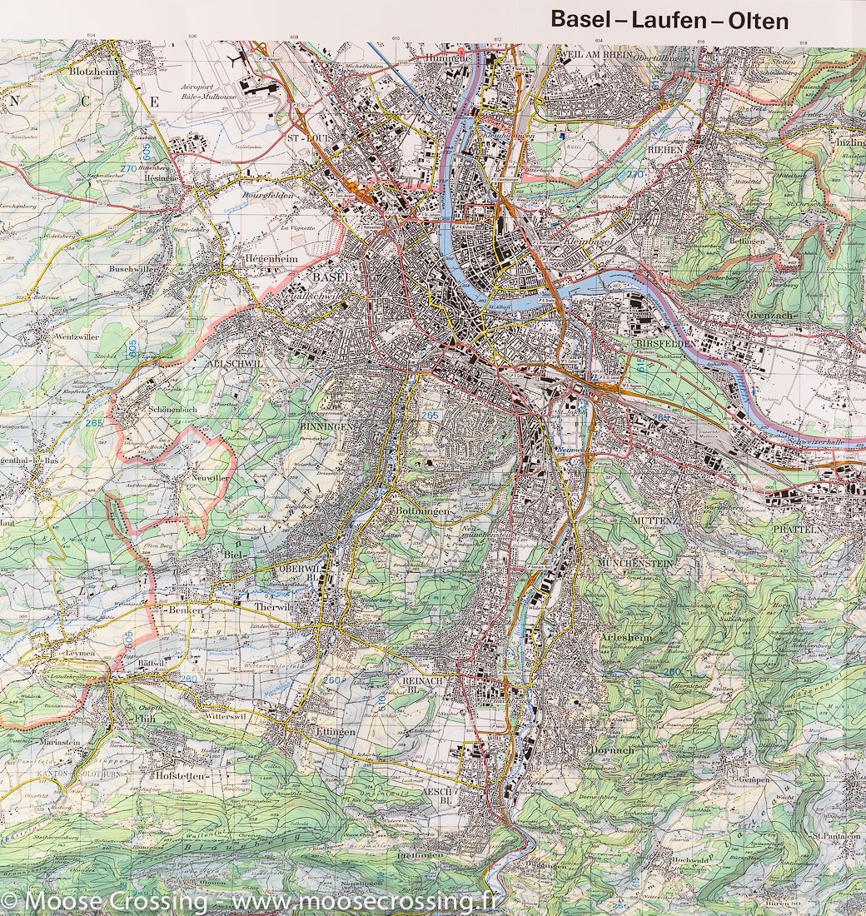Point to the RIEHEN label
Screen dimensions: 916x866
point(667,149)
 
